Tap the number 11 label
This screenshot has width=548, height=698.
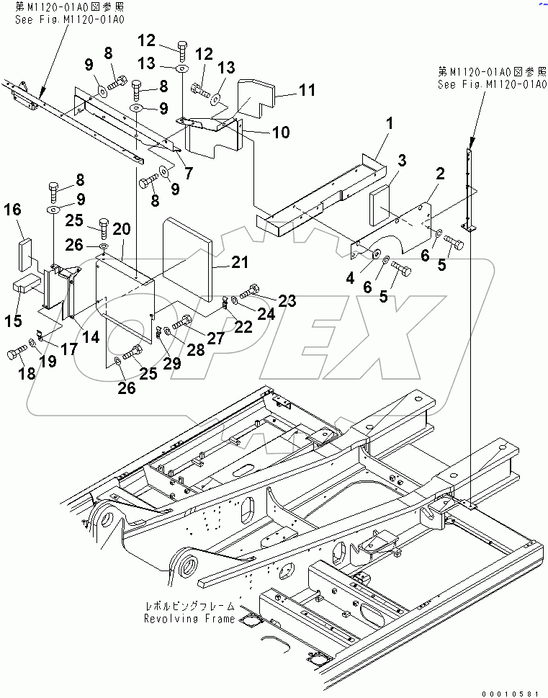[x=307, y=90]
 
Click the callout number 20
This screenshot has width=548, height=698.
[x=122, y=229]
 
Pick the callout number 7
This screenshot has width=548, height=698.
[x=189, y=172]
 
